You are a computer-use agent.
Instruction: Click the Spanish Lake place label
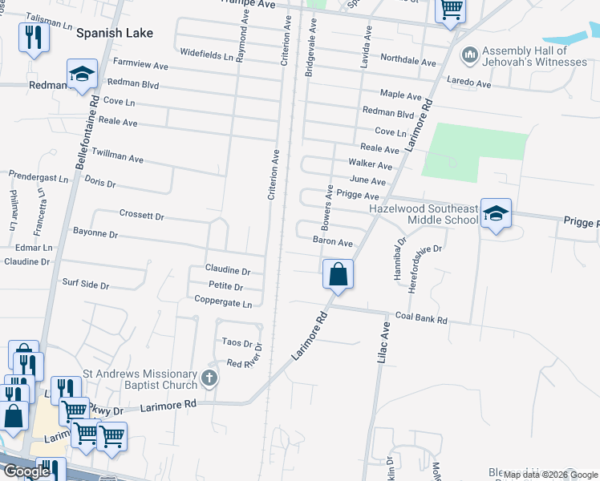[x=114, y=34]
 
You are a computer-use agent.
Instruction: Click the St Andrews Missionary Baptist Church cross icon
[x=209, y=378]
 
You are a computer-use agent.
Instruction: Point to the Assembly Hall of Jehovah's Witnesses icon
[x=471, y=55]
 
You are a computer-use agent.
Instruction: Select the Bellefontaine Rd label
[x=88, y=132]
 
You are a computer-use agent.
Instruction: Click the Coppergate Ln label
[x=223, y=301]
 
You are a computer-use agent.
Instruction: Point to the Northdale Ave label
[x=407, y=60]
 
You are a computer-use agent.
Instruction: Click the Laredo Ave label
[x=470, y=83]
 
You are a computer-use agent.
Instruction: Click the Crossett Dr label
[x=141, y=216]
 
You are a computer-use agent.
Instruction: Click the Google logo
[x=26, y=472]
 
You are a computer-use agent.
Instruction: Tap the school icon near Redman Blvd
[x=82, y=75]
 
